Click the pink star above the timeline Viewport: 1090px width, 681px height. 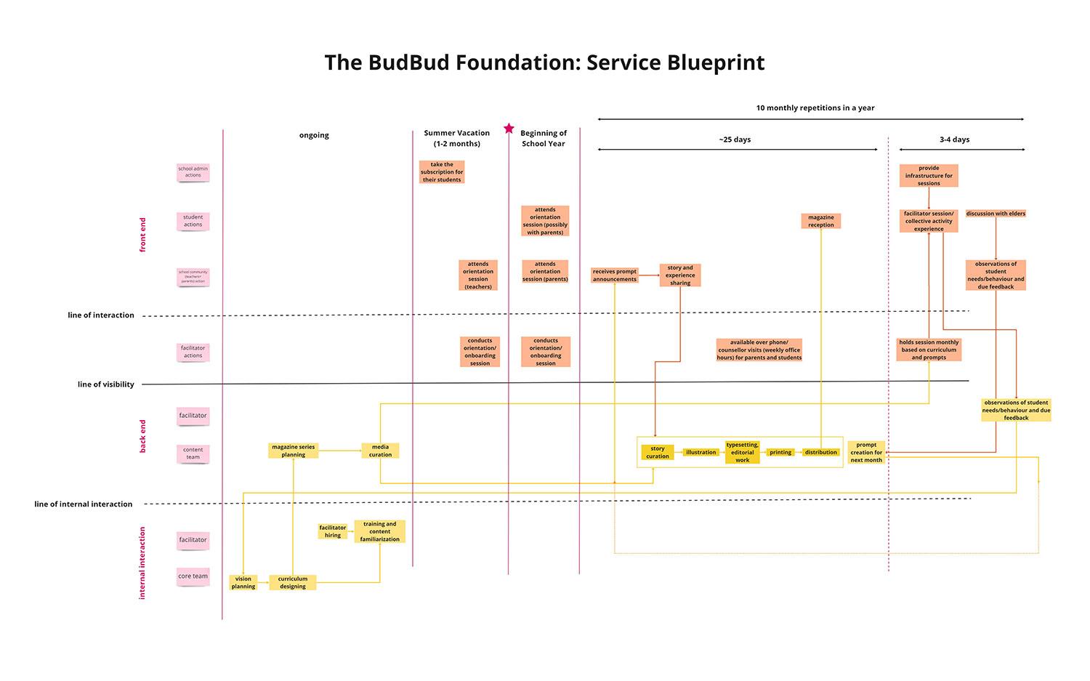coord(509,129)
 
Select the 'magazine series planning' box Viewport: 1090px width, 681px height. coord(294,451)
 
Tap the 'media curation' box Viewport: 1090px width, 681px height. coord(380,451)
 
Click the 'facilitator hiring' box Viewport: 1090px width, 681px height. coord(333,531)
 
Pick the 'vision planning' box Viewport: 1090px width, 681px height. coord(243,582)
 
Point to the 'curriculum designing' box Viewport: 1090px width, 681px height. coord(293,582)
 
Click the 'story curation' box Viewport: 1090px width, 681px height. coord(658,452)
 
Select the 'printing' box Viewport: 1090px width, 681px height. coord(780,452)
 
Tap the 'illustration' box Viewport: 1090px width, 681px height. coord(701,452)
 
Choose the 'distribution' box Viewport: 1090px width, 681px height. coord(821,452)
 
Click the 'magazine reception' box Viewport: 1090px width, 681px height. coord(821,221)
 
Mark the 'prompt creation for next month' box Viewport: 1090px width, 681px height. coord(866,452)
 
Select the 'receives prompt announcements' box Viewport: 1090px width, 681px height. coord(615,275)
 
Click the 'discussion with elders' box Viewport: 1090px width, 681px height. coord(996,214)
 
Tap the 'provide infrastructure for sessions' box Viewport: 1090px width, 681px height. coord(929,176)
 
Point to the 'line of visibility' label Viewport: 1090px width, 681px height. coord(106,384)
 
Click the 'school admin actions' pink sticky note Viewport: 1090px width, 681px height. coord(193,172)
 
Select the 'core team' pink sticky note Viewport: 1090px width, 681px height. coord(193,576)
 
